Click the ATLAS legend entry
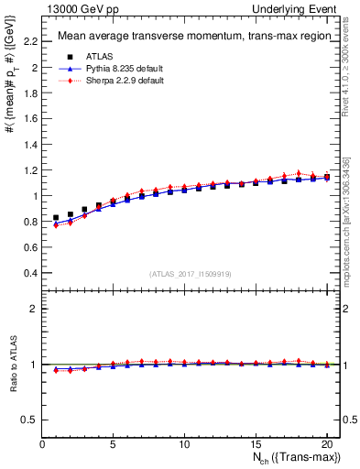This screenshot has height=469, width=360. (99, 57)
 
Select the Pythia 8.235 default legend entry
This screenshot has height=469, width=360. (116, 69)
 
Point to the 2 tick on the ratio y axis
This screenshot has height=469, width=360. (35, 309)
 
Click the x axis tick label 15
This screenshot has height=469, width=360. (256, 444)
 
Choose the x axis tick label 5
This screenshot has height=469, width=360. (114, 444)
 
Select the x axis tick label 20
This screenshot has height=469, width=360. (326, 444)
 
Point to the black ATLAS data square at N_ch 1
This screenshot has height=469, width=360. (57, 218)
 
